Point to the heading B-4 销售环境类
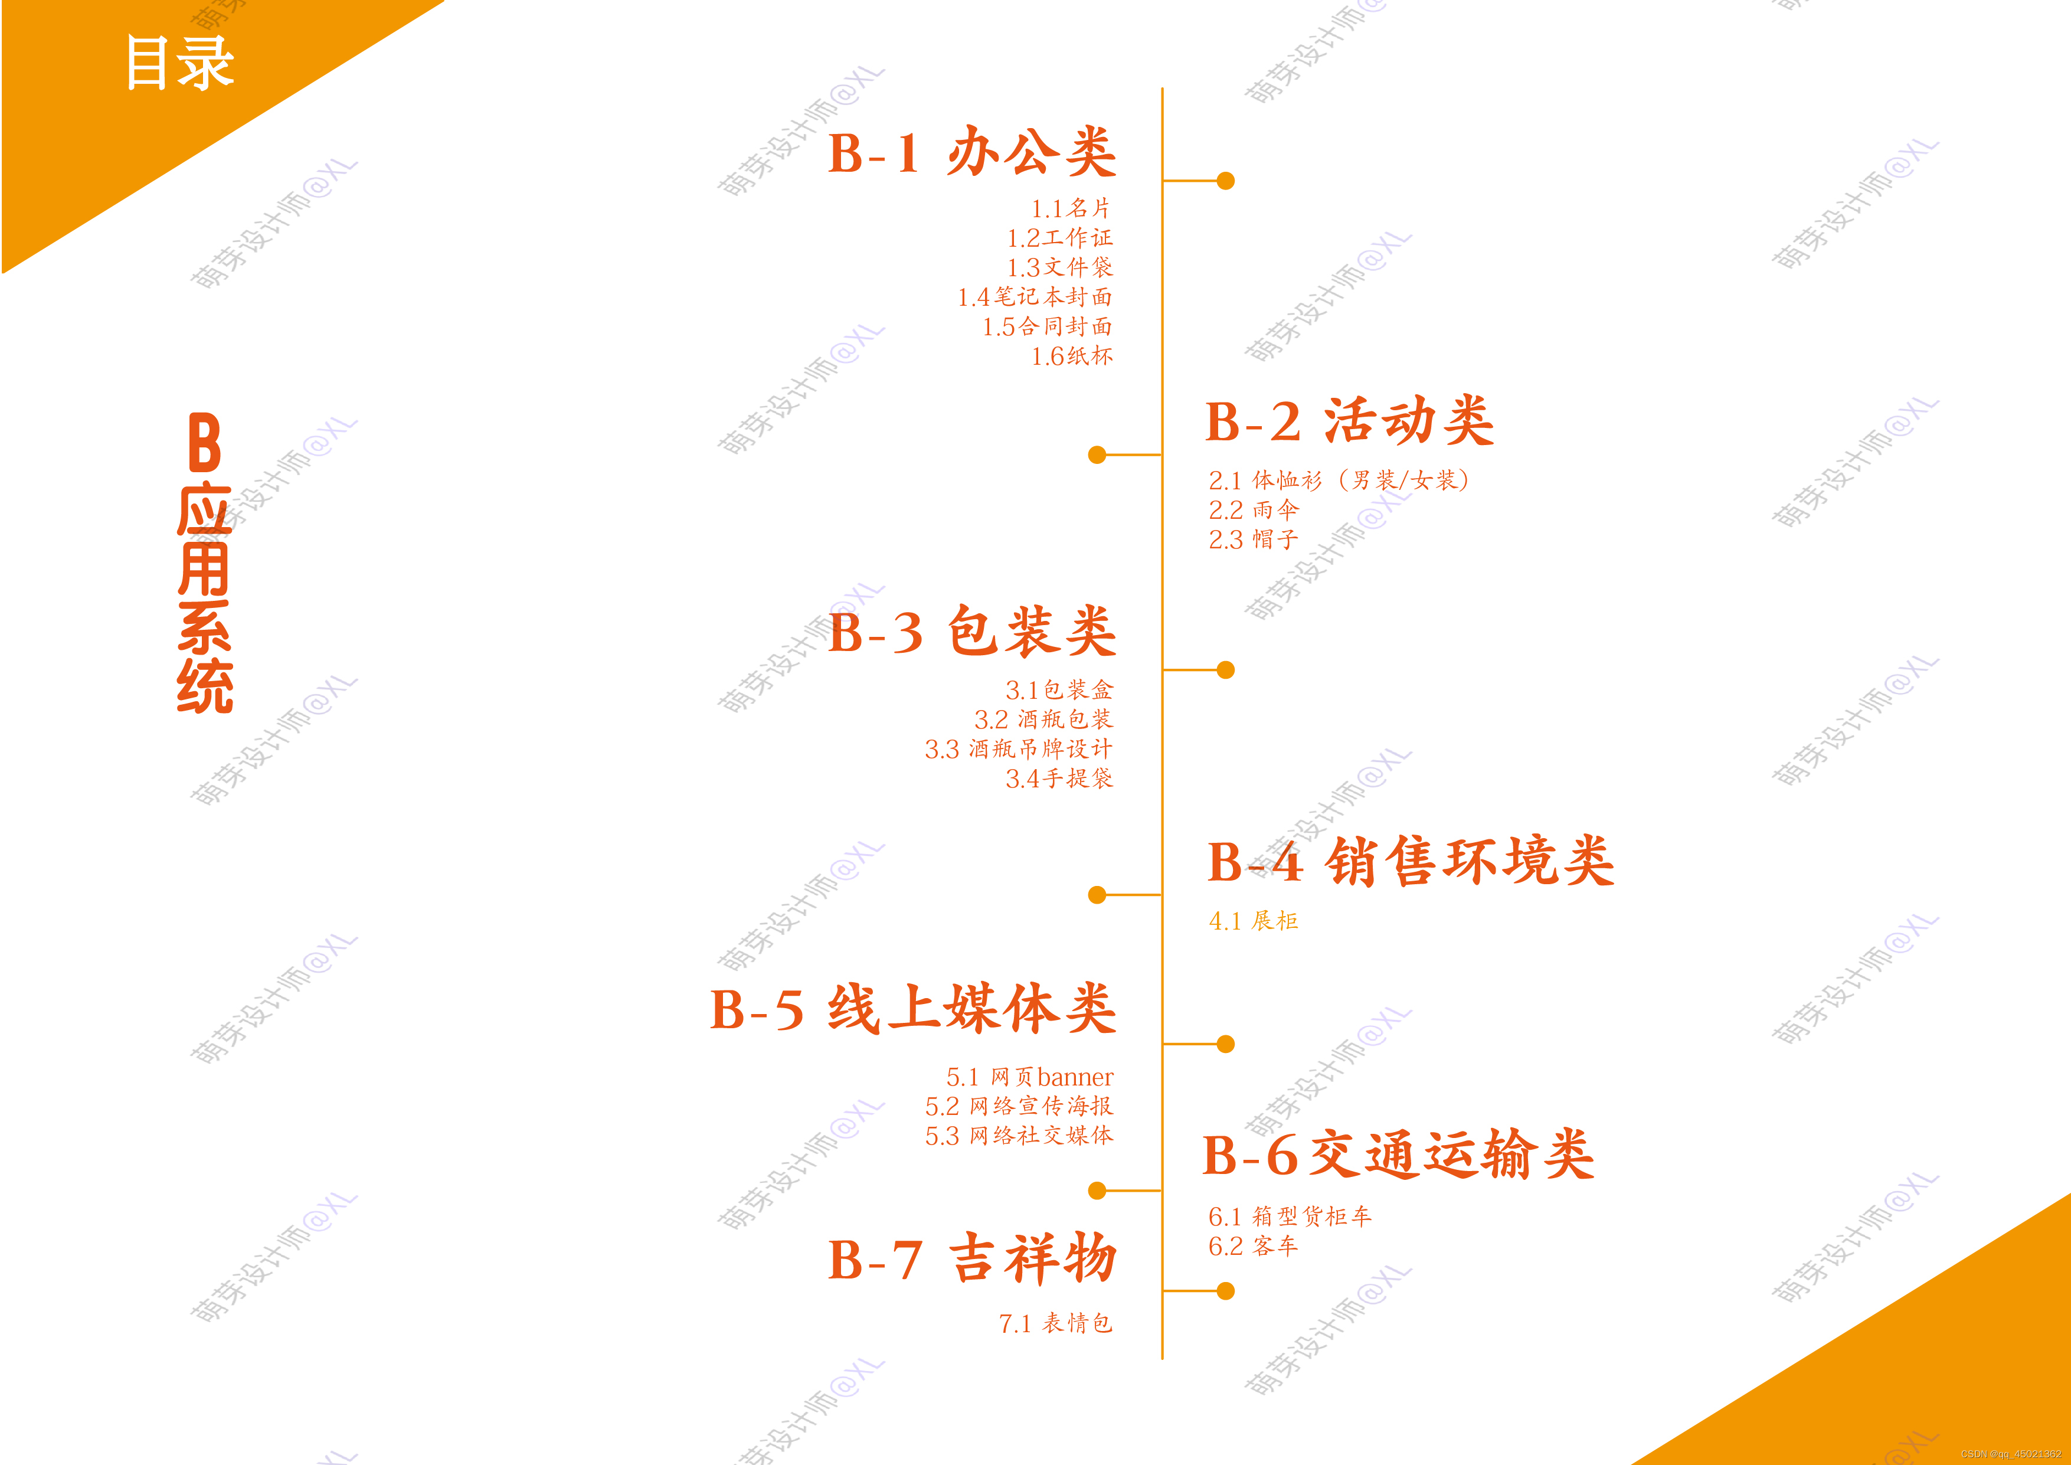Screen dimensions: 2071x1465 1410,862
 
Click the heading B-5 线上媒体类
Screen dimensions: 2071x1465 913,1009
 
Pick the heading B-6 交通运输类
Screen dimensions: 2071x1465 1398,1155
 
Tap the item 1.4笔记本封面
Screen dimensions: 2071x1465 1035,297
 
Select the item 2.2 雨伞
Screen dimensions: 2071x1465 1253,510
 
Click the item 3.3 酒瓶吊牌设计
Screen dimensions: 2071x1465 1018,749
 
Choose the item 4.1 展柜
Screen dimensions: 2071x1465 1253,921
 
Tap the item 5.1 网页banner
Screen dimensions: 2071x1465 1029,1077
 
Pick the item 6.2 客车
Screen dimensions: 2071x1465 1253,1246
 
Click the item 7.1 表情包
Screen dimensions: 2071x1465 1055,1323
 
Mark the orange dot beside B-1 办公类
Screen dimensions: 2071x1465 1225,181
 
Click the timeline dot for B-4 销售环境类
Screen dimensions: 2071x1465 1097,895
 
